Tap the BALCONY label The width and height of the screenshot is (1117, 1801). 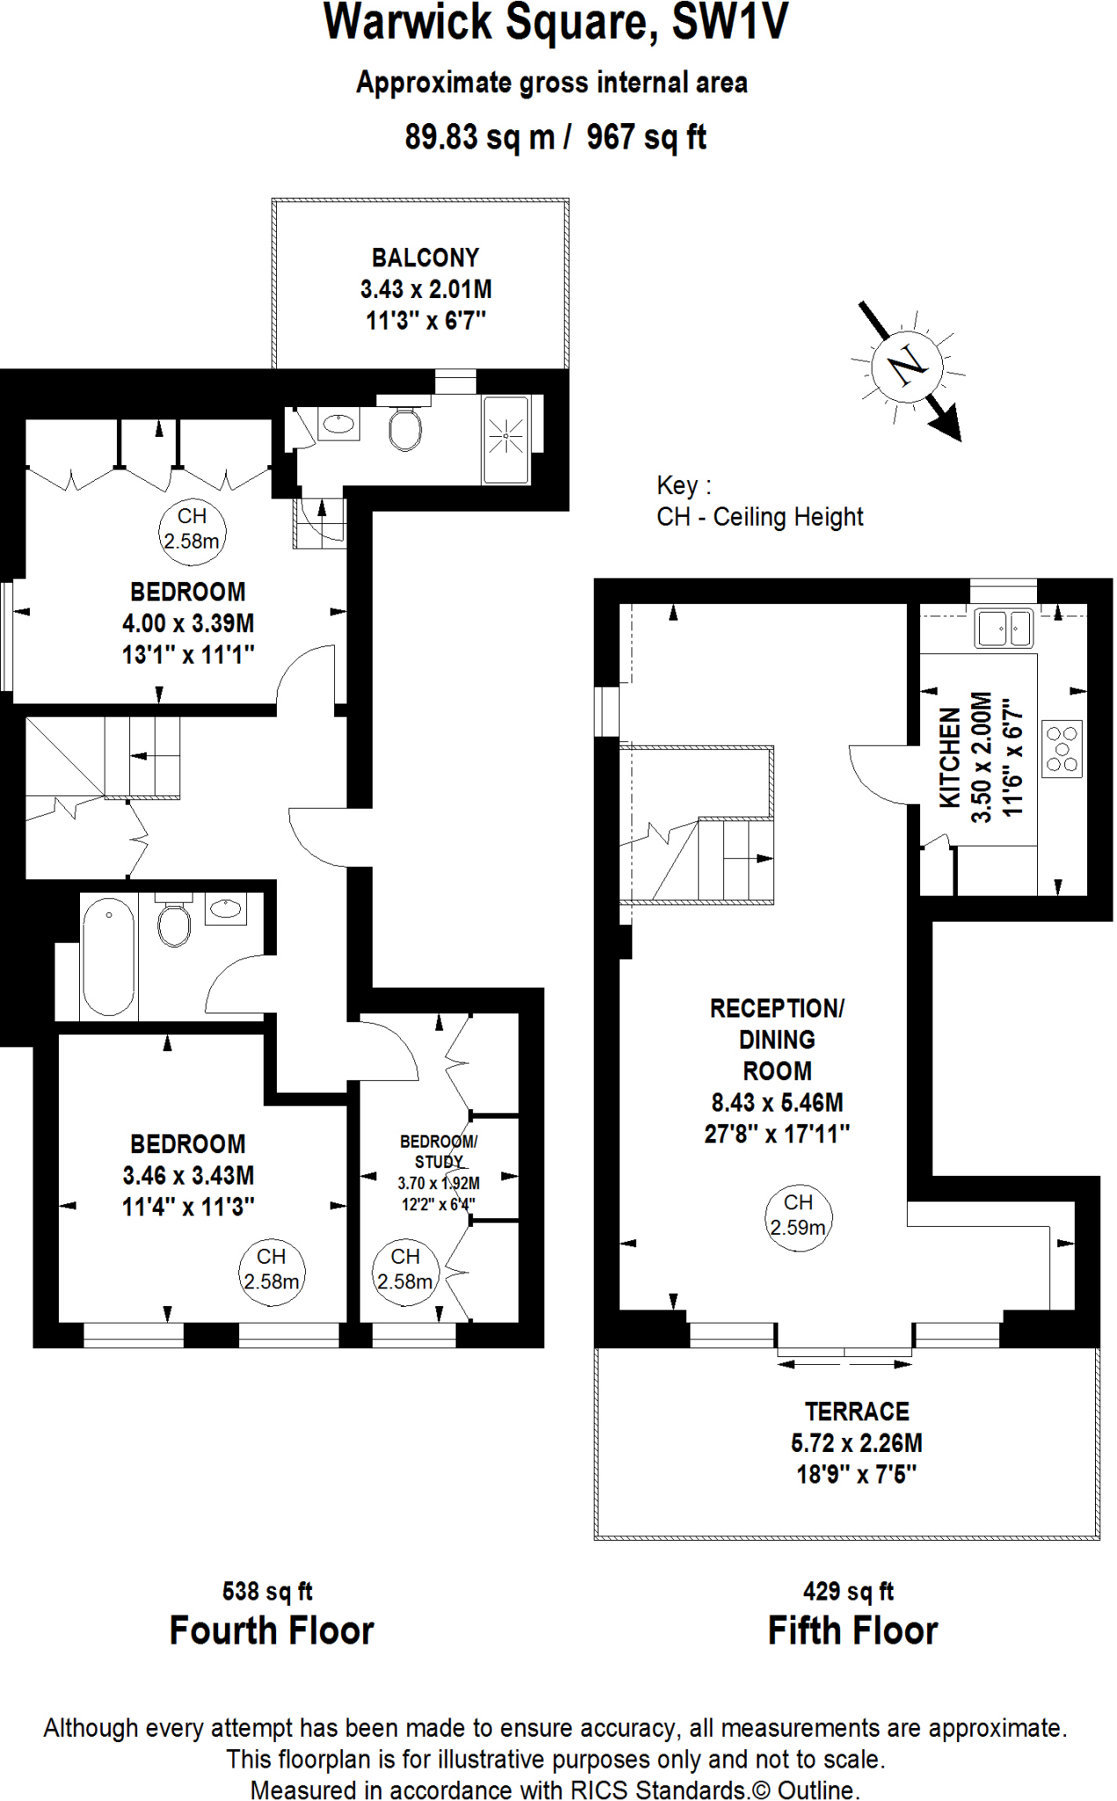425,258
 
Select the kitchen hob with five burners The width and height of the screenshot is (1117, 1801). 1062,748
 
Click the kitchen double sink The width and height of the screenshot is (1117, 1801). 1004,628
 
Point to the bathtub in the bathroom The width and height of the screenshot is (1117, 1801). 108,957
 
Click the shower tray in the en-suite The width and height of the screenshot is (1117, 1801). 506,439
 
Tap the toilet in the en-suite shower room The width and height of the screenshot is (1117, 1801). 405,428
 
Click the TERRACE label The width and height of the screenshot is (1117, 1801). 857,1411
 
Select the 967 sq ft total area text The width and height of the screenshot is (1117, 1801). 646,137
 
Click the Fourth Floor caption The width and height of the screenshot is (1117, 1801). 272,1630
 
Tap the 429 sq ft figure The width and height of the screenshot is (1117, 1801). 848,1591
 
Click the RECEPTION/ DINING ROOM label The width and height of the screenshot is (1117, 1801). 777,1039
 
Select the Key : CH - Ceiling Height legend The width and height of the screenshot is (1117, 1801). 760,501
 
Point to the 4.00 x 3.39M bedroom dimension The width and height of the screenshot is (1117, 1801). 188,623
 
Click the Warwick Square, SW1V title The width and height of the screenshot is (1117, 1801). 556,23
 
